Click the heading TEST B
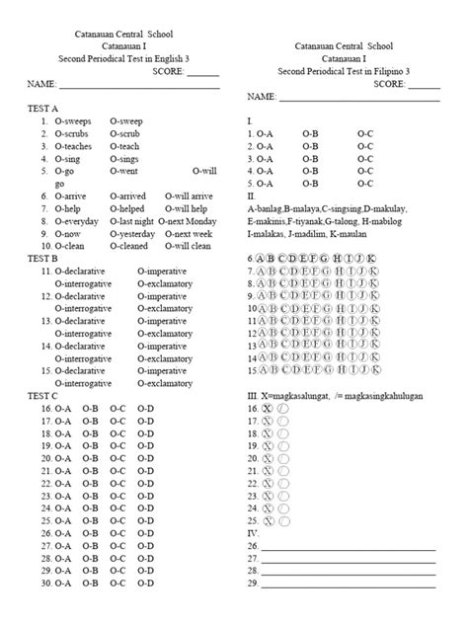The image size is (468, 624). [x=44, y=258]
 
